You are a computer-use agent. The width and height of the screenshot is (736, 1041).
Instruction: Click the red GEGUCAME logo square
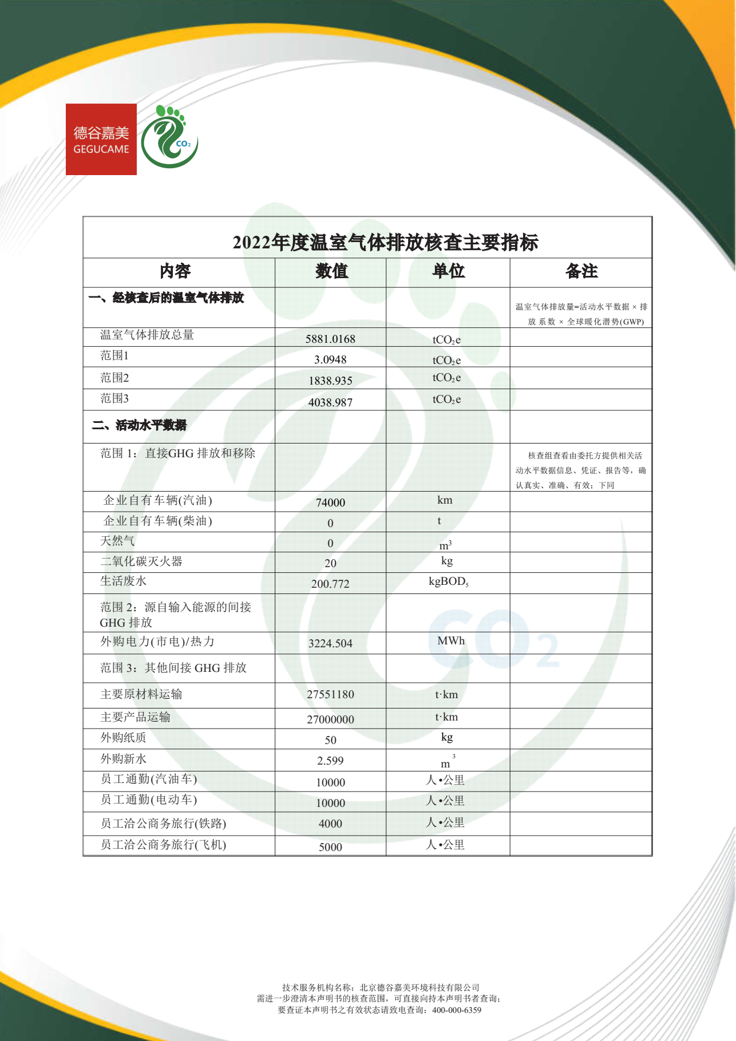[x=101, y=139]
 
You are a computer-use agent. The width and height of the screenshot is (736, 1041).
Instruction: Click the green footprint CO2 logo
[x=169, y=137]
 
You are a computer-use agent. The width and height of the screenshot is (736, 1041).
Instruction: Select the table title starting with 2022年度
[x=385, y=243]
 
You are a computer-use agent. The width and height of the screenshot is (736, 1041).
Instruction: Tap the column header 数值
[x=331, y=271]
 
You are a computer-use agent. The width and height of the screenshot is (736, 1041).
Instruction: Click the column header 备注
[x=581, y=271]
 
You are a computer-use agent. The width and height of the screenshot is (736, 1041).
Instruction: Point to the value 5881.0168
[x=330, y=339]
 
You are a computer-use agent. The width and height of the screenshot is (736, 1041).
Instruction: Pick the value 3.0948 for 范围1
[x=330, y=359]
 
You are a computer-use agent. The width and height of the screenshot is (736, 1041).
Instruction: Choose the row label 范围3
[x=114, y=398]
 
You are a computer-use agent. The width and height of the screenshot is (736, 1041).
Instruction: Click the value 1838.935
[x=330, y=381]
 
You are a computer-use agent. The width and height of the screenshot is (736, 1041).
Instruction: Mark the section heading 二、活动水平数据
[x=140, y=425]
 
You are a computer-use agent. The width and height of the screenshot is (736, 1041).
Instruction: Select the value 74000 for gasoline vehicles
[x=330, y=502]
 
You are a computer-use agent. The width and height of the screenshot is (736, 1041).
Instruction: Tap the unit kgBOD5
[x=448, y=582]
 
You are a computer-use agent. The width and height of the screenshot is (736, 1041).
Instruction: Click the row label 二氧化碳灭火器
[x=141, y=561]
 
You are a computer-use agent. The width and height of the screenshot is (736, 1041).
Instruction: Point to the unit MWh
[x=451, y=641]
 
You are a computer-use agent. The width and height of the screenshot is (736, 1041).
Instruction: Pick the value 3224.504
[x=330, y=643]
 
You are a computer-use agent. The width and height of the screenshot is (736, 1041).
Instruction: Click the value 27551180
[x=330, y=694]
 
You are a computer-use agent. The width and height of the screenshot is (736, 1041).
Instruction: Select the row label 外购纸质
[x=123, y=738]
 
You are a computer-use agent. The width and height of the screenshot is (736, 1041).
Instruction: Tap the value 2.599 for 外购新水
[x=330, y=761]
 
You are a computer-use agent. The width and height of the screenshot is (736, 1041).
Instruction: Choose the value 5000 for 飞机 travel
[x=330, y=847]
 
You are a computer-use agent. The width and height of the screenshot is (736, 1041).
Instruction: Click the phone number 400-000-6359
[x=456, y=1010]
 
